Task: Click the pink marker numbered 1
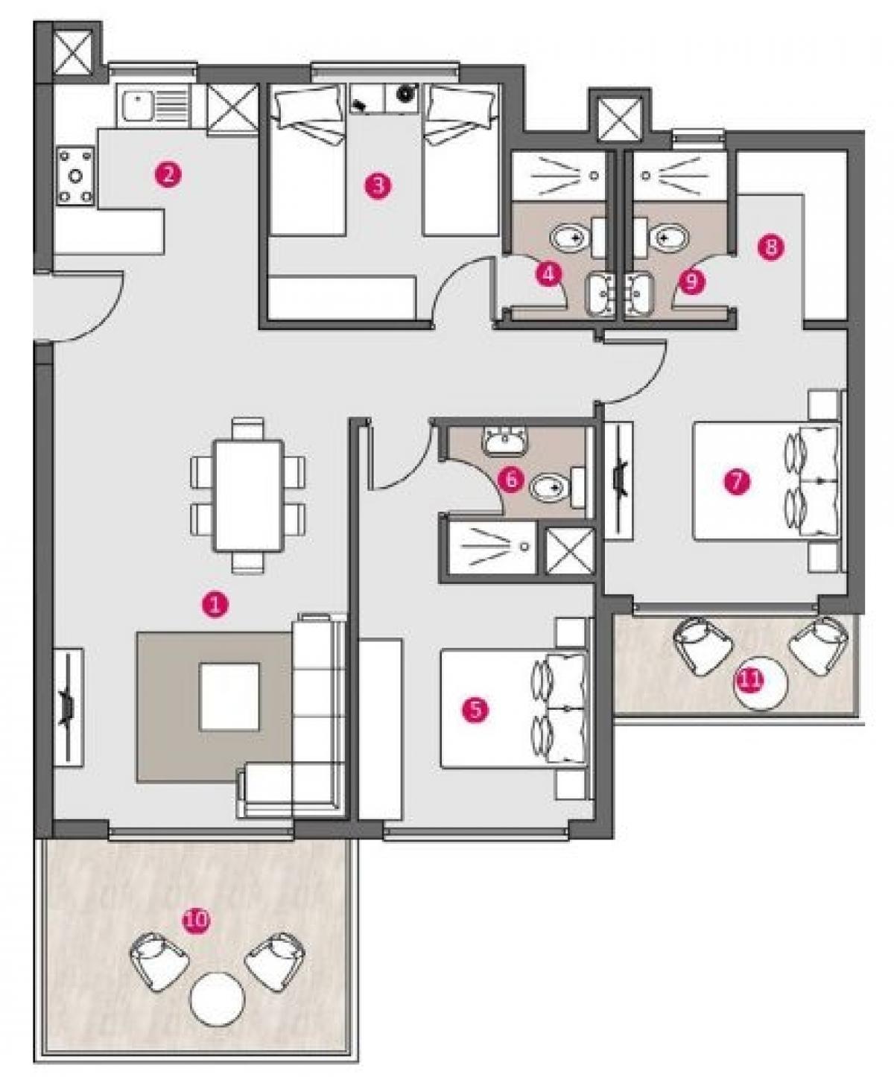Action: [x=215, y=603]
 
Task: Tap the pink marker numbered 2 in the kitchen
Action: [x=168, y=175]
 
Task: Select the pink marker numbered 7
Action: [x=736, y=481]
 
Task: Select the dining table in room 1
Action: [x=248, y=496]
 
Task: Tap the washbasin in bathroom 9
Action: [x=640, y=295]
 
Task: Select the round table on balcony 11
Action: [x=761, y=683]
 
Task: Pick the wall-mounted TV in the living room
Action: [x=68, y=707]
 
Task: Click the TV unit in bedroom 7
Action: [x=618, y=481]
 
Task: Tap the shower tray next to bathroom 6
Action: [x=492, y=547]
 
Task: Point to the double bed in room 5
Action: [x=514, y=709]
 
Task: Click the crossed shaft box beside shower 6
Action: [x=570, y=550]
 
